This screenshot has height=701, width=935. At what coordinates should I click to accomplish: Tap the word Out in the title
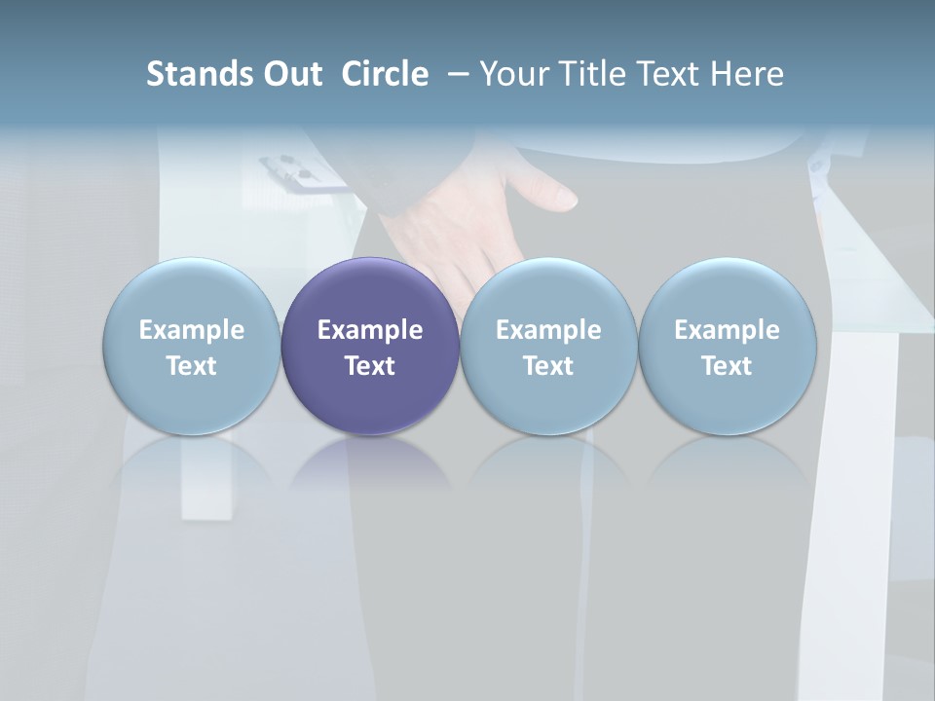[x=289, y=74]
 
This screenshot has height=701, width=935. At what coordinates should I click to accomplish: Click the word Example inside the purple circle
[x=370, y=330]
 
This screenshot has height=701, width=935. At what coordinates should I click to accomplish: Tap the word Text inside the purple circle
[x=370, y=366]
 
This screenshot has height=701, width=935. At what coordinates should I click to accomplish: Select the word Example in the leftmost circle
[x=191, y=330]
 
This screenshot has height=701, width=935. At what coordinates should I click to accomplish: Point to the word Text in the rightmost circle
[x=727, y=366]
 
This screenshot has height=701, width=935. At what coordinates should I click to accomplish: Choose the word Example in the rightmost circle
[x=727, y=330]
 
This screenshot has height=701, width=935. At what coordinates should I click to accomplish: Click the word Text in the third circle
[x=548, y=366]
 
